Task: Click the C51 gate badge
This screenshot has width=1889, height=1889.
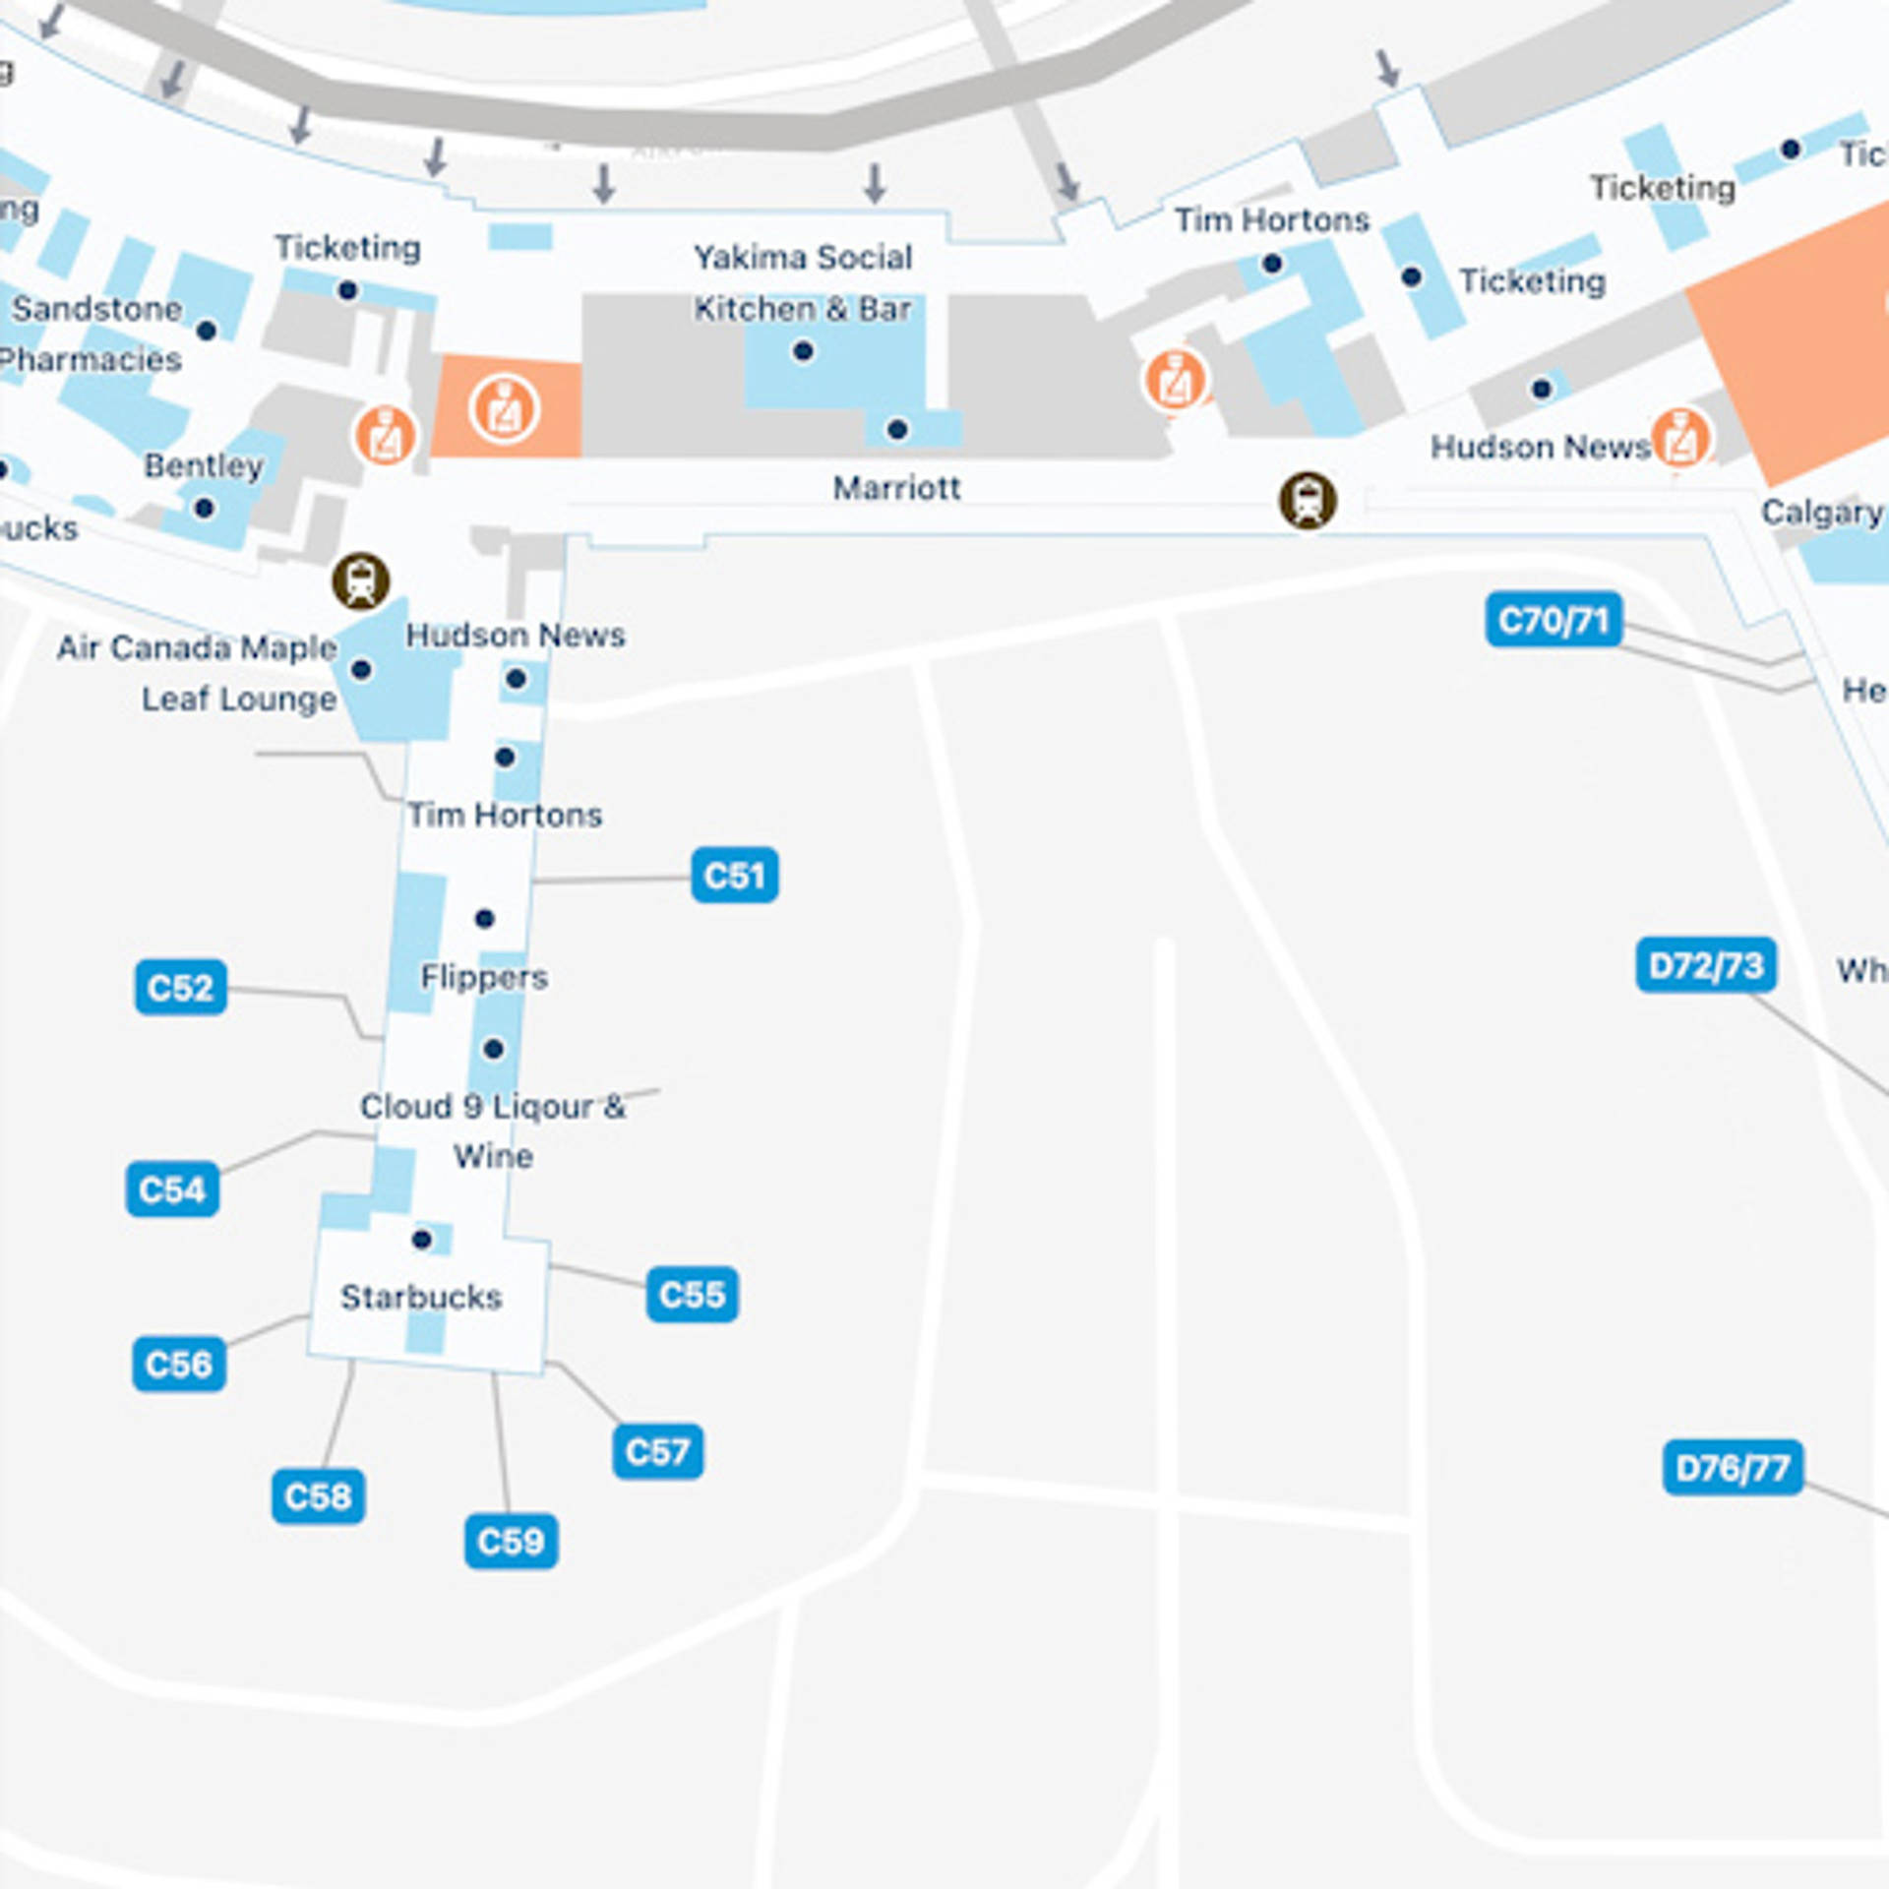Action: (x=734, y=875)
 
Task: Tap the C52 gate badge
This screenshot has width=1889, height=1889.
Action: (x=180, y=987)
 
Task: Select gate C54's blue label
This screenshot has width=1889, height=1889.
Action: (x=172, y=1189)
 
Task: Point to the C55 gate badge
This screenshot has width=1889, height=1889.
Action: (x=692, y=1294)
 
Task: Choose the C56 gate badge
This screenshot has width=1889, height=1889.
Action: (x=178, y=1364)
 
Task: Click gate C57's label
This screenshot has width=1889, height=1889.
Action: (x=657, y=1451)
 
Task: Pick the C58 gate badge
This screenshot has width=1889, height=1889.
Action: (x=318, y=1496)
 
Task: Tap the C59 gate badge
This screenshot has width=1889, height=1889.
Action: (x=511, y=1541)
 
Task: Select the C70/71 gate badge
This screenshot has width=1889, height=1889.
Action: (x=1554, y=620)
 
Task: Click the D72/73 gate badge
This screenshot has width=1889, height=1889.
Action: (x=1706, y=965)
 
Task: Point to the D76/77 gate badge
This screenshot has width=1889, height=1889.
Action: (x=1733, y=1468)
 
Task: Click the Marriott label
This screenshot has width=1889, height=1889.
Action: (x=896, y=488)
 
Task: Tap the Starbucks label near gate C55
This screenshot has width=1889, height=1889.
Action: (x=421, y=1297)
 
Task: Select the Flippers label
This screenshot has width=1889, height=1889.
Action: (x=484, y=977)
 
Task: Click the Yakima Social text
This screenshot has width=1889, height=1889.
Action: (x=803, y=258)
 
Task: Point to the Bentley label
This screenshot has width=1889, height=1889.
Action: (x=204, y=465)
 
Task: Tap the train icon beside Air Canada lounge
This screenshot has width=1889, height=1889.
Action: (x=361, y=580)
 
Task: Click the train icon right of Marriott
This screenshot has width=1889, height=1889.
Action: (x=1308, y=500)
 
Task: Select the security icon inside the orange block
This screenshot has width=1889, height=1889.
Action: (x=504, y=407)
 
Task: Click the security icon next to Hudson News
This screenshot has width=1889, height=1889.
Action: (x=1680, y=438)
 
